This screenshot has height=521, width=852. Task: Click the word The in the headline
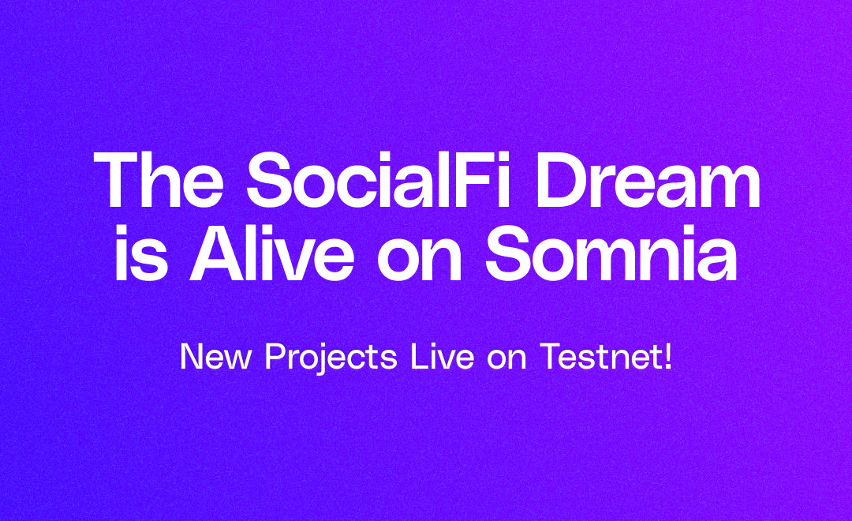click(x=158, y=179)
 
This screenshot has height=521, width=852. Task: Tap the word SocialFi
click(x=378, y=179)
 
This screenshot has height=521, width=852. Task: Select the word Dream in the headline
click(x=648, y=179)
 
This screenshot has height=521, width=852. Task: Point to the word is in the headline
click(x=140, y=253)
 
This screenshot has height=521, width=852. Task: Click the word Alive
click(x=271, y=253)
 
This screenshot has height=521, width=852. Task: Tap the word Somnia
click(x=611, y=253)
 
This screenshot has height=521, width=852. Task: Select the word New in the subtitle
click(x=215, y=357)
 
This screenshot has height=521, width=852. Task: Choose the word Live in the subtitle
click(x=443, y=357)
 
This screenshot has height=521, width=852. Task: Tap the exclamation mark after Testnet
click(x=668, y=357)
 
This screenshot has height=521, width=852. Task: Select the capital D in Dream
click(x=562, y=179)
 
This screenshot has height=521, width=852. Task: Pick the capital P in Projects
click(x=275, y=357)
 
